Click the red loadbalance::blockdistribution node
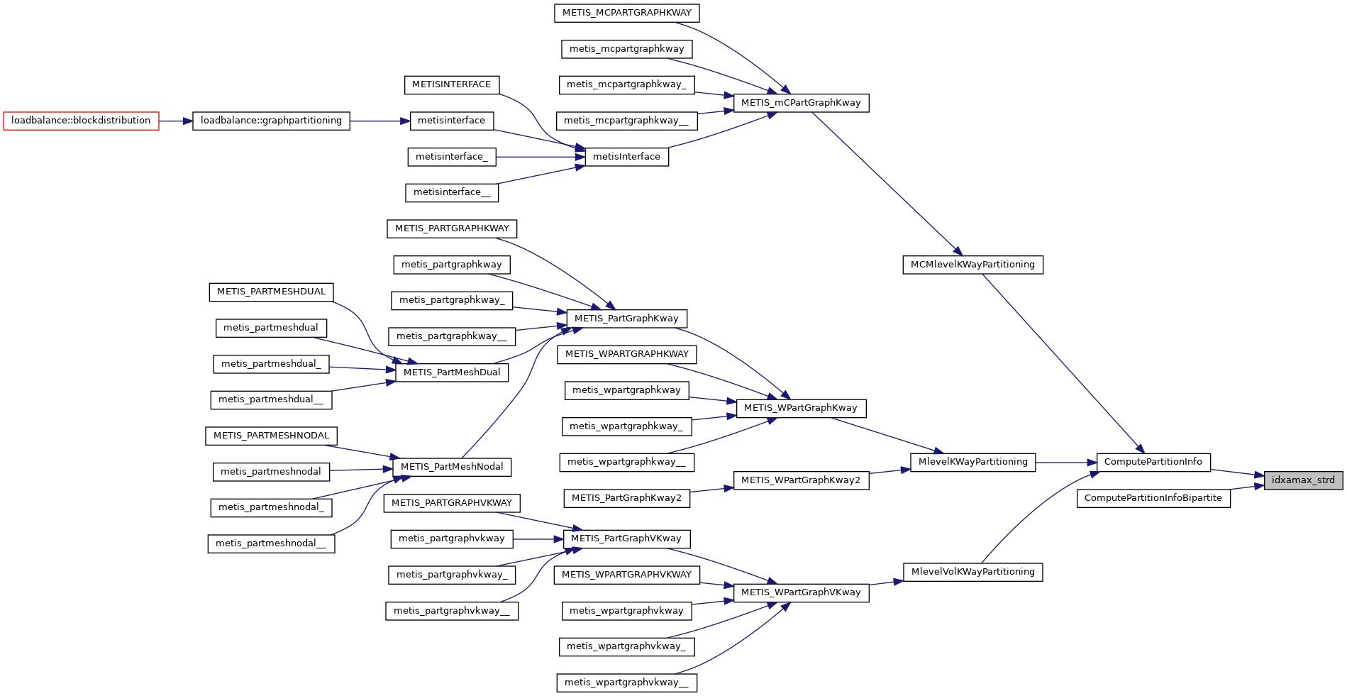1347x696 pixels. tap(81, 121)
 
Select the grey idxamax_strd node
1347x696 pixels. tap(1302, 480)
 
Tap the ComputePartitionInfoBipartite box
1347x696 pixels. tap(1153, 498)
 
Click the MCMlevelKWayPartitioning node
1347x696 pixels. tap(972, 265)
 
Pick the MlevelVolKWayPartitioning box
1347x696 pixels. tap(972, 572)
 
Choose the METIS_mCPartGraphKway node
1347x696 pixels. tap(800, 103)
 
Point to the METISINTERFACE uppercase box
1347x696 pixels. tap(451, 84)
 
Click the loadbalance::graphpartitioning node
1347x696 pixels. tap(271, 121)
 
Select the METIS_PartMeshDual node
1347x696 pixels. tap(451, 372)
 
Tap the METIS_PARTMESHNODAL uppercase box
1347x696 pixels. tap(271, 436)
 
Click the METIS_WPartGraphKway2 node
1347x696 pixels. tap(800, 480)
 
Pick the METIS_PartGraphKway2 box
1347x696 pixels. tap(626, 498)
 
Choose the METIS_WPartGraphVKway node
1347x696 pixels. tap(800, 592)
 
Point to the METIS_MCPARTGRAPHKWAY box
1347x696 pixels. tap(626, 13)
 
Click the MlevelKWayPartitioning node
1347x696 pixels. tap(972, 462)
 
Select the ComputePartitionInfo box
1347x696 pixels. tap(1153, 462)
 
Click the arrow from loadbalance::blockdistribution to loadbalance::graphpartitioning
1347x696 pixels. tap(175, 121)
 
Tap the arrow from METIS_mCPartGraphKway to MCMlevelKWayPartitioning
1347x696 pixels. tap(887, 183)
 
